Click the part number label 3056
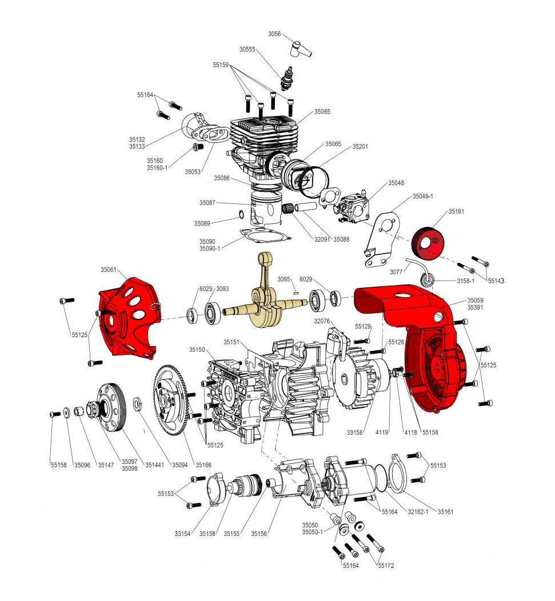click(x=274, y=34)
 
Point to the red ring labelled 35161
click(x=425, y=243)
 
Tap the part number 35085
click(x=322, y=111)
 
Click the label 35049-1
click(x=422, y=197)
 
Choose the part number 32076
click(x=322, y=321)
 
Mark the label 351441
click(x=154, y=465)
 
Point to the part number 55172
click(x=386, y=566)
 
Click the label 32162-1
click(x=418, y=512)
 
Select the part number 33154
click(x=182, y=534)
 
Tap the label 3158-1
click(x=465, y=281)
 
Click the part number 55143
click(x=496, y=281)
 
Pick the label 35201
click(x=360, y=146)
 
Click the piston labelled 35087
click(x=266, y=210)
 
